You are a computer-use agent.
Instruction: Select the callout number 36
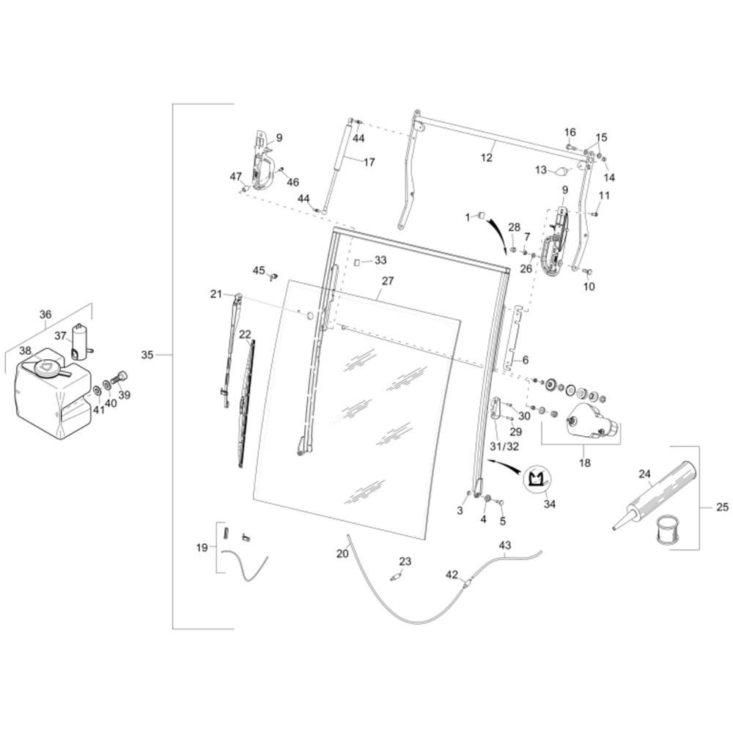point(45,314)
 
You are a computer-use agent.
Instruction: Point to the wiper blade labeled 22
point(246,404)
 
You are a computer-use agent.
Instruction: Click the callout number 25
point(722,507)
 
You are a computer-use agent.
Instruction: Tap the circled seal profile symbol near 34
point(537,480)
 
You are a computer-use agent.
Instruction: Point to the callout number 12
point(486,158)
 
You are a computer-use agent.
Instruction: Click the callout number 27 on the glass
point(388,281)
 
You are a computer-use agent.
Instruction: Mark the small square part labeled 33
point(357,262)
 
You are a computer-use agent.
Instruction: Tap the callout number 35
point(147,355)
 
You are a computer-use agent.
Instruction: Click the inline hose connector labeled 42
point(466,583)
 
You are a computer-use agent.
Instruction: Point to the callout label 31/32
point(504,446)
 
